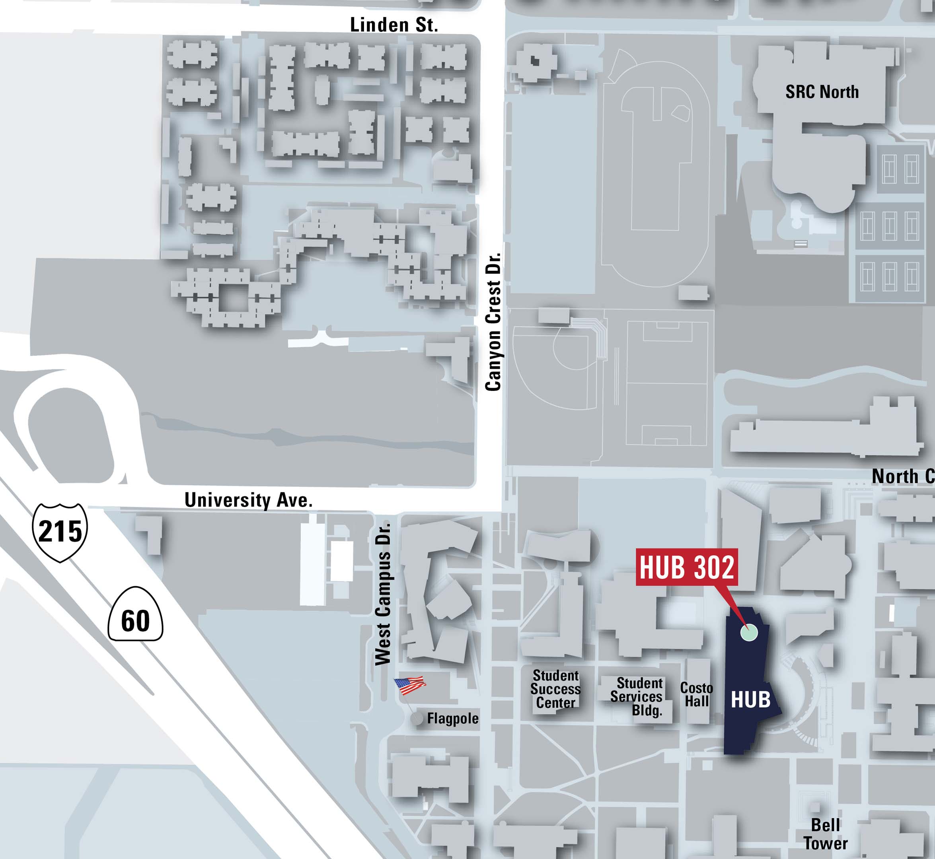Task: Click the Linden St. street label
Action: pos(394,25)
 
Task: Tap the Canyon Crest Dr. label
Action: pos(493,322)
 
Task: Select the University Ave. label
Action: pos(248,501)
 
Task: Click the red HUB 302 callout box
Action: pos(687,567)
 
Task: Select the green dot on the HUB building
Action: pos(748,632)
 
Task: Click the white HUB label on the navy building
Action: pos(750,700)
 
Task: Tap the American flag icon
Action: pos(410,685)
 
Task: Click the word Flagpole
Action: pos(452,719)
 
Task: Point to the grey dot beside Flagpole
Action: pos(417,719)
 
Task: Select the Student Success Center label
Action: pos(555,689)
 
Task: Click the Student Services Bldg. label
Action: pos(637,696)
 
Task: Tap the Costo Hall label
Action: pos(696,694)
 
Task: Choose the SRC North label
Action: pos(822,92)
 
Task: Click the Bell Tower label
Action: pos(825,834)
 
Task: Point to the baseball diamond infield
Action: pos(573,350)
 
